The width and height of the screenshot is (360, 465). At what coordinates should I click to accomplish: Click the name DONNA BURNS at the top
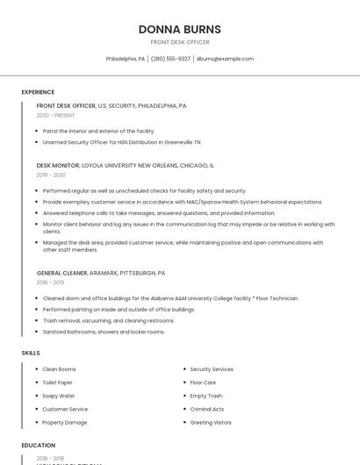click(179, 29)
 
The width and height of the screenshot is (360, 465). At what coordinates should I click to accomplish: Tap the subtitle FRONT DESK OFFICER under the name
click(179, 42)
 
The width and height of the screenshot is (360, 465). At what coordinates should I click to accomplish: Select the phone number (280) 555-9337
click(170, 59)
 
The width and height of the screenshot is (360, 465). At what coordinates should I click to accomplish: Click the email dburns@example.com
click(225, 59)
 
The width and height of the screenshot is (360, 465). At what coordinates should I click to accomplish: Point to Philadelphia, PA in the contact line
click(126, 59)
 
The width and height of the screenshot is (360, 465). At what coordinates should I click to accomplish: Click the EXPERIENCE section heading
click(38, 92)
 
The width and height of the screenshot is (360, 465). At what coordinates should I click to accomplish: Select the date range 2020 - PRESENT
click(55, 116)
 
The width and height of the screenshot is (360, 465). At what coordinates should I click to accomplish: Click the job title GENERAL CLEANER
click(61, 273)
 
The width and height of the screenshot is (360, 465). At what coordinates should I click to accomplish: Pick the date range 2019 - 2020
click(51, 175)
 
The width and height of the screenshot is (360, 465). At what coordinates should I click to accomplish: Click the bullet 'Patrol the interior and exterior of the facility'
click(98, 131)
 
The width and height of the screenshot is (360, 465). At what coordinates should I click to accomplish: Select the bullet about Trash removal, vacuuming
click(108, 321)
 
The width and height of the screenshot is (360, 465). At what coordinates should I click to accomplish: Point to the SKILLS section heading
click(31, 353)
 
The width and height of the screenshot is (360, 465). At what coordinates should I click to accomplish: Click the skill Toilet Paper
click(57, 383)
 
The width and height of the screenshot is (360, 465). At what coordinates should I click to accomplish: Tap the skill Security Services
click(212, 369)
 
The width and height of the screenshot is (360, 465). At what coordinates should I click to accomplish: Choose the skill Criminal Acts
click(207, 409)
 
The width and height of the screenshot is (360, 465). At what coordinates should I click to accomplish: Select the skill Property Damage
click(64, 423)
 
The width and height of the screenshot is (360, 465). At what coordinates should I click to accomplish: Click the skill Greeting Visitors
click(211, 423)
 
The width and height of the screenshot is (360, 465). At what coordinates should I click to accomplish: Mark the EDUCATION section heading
click(38, 446)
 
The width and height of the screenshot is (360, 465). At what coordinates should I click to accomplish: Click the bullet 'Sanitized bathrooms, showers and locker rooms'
click(104, 332)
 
